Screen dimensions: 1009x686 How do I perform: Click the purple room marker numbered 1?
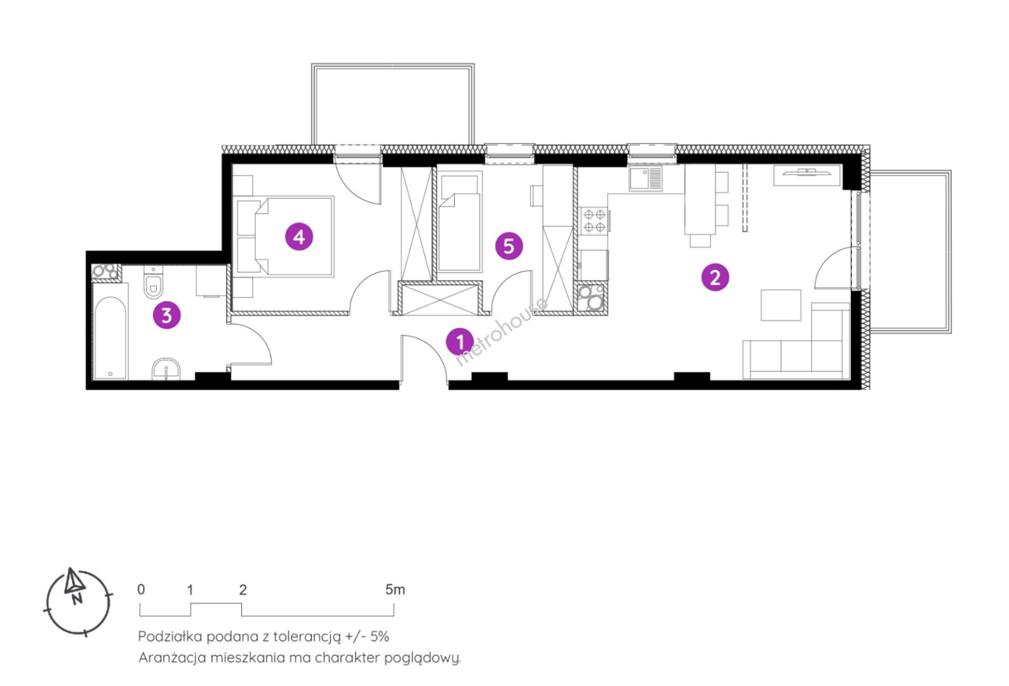(x=460, y=342)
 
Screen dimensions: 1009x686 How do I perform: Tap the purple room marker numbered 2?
(x=715, y=277)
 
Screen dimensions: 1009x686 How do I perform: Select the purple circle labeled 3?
(x=166, y=315)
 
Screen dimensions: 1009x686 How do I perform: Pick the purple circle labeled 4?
(x=300, y=237)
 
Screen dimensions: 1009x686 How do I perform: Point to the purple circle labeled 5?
(x=509, y=246)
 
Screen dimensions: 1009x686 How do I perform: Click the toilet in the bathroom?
(x=154, y=283)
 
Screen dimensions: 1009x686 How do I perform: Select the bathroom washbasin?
(x=166, y=369)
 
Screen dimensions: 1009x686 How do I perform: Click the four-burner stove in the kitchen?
(x=594, y=221)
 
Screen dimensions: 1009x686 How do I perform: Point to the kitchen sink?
(x=646, y=178)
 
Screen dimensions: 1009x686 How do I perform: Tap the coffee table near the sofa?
(x=780, y=305)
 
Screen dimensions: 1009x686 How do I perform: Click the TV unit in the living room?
(x=806, y=175)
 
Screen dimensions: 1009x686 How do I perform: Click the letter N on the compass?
(x=77, y=599)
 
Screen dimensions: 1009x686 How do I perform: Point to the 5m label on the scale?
(x=395, y=589)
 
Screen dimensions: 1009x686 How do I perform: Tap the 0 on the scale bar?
(x=141, y=589)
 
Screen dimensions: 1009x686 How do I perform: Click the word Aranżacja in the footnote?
(x=171, y=658)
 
